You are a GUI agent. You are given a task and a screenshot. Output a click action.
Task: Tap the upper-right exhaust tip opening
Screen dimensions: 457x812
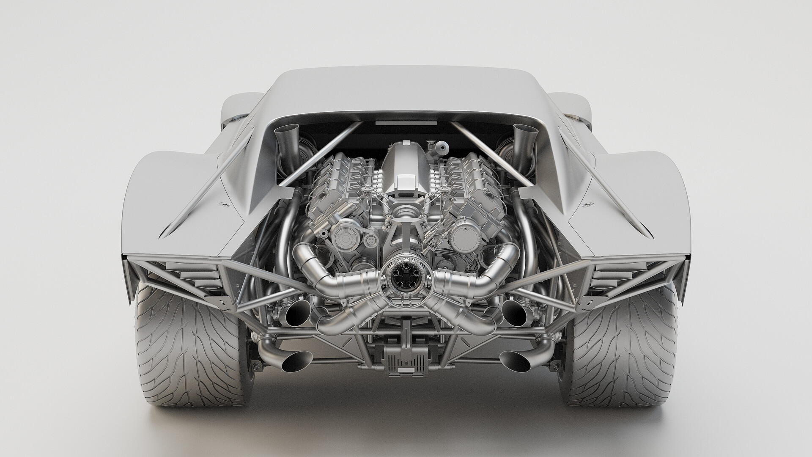(514, 314)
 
